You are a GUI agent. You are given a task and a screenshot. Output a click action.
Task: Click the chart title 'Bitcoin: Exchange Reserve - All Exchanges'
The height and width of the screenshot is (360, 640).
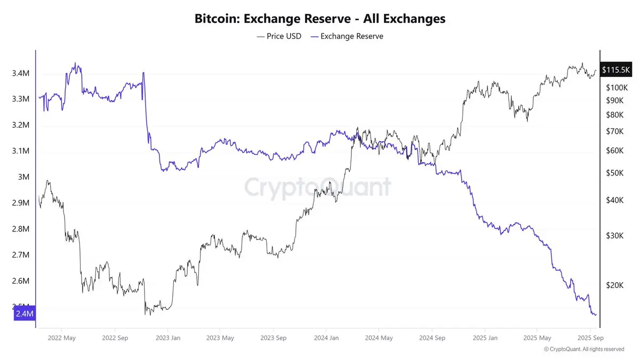point(319,19)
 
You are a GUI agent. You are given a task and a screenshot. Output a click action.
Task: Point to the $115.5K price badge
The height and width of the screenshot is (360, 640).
point(616,70)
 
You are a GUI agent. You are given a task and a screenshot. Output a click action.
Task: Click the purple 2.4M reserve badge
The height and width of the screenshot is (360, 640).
point(25,314)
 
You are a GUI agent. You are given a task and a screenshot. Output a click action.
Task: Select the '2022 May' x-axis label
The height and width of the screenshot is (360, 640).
point(61,338)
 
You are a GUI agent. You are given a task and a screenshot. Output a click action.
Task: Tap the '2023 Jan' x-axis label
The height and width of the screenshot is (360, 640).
point(167,338)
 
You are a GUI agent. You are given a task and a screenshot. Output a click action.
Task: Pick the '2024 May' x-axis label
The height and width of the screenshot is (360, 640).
point(379,338)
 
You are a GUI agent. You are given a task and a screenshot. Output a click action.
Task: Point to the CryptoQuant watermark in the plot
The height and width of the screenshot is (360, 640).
point(318,187)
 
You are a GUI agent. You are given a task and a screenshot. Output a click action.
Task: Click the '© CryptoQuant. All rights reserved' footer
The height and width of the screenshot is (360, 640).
point(583,349)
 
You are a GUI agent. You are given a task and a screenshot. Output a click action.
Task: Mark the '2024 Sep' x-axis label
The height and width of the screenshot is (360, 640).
point(432,338)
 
